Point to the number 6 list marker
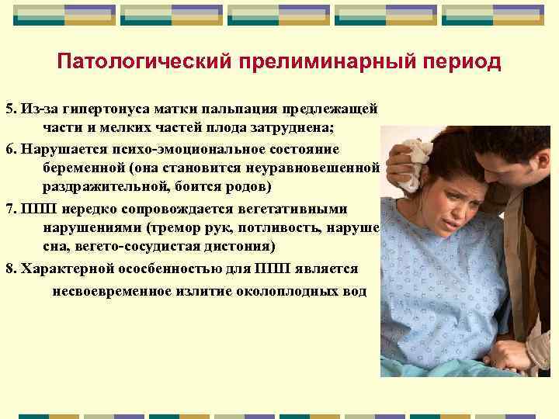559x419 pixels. [x=9, y=147]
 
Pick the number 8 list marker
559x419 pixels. [x=9, y=269]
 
